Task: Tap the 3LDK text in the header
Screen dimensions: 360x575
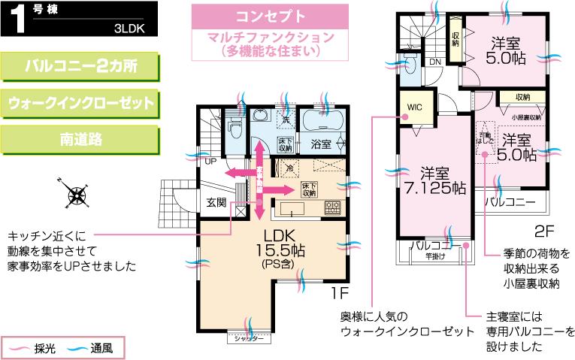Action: pyautogui.click(x=130, y=31)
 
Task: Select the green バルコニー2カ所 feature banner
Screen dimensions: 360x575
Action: pyautogui.click(x=82, y=67)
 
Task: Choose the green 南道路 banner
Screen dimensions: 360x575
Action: pyautogui.click(x=82, y=139)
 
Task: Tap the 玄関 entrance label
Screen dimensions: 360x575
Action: pyautogui.click(x=217, y=201)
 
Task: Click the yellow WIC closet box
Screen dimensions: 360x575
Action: pyautogui.click(x=415, y=107)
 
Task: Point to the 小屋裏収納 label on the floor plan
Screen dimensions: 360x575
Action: pyautogui.click(x=526, y=117)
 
